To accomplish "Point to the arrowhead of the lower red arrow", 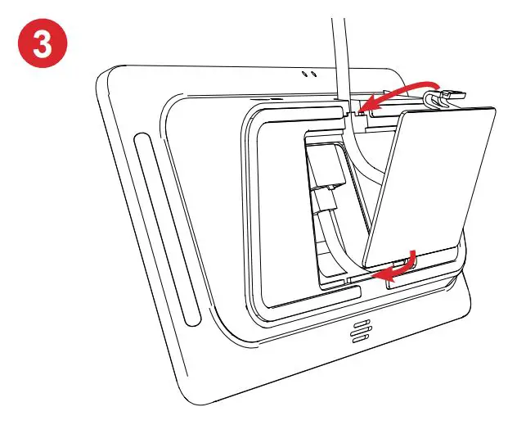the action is (378, 275).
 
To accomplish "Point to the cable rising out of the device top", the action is (338, 49).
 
